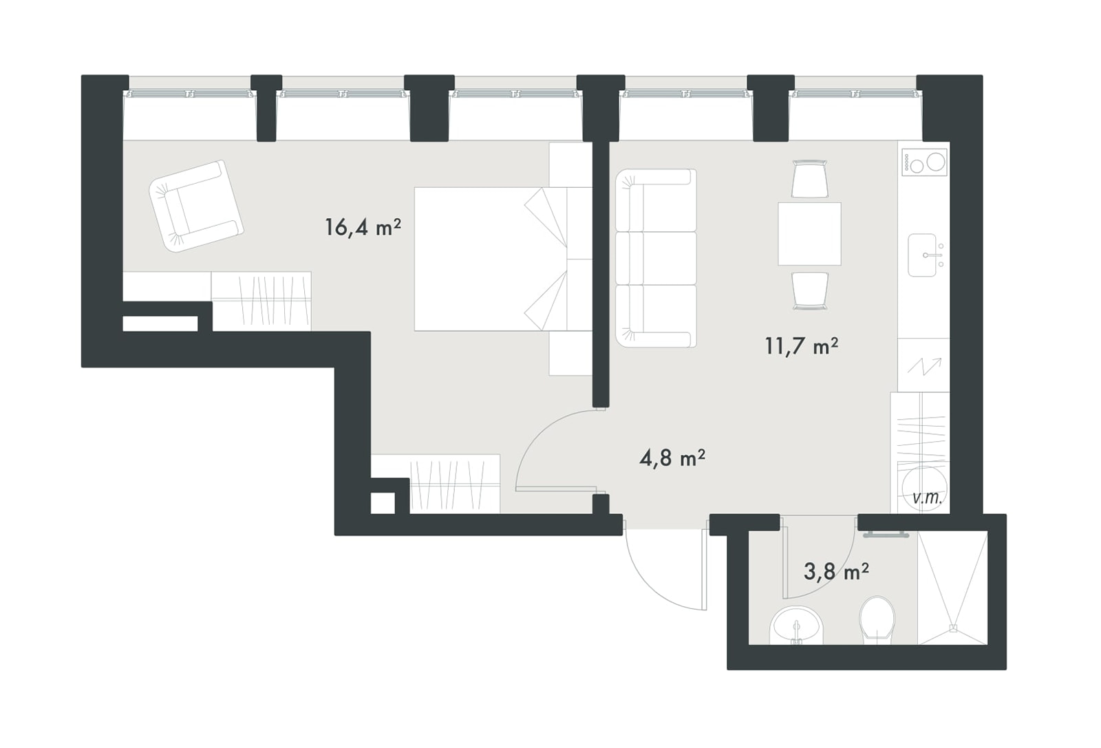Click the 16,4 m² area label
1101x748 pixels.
click(363, 228)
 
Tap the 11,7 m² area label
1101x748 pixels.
click(801, 346)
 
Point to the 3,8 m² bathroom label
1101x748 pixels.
click(835, 572)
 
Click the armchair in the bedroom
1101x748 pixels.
click(196, 206)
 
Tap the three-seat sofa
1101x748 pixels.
click(656, 259)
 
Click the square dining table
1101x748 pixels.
click(809, 234)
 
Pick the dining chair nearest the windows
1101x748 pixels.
click(809, 179)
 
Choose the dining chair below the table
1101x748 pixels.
click(809, 291)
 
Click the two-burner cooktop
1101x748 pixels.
click(924, 162)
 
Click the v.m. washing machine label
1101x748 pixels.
click(927, 498)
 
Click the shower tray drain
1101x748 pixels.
click(953, 628)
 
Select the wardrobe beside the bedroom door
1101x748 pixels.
click(455, 484)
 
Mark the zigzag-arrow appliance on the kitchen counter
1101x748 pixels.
click(923, 365)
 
